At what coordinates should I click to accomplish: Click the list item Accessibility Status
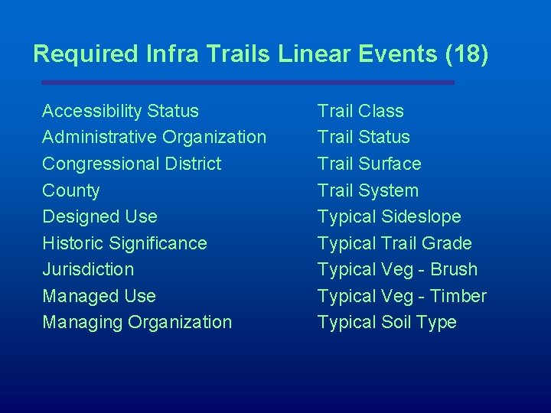pos(120,111)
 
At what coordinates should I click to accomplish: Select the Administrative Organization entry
pos(154,138)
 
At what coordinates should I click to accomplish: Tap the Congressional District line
pos(132,164)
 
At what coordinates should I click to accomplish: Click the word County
pos(71,190)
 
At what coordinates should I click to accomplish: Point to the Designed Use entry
pos(99,216)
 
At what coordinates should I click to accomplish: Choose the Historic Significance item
pos(125,243)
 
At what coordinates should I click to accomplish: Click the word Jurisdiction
pos(88,269)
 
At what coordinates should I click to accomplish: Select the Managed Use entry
pos(99,296)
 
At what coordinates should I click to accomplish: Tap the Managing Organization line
pos(137,322)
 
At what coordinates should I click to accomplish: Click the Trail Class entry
pos(360,111)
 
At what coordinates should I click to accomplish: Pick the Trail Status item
pos(364,138)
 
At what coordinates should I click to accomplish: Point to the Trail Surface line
pos(369,164)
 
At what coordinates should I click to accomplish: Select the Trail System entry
pos(368,190)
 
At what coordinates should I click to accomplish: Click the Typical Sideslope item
pos(390,216)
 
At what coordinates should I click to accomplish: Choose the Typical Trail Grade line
pos(395,243)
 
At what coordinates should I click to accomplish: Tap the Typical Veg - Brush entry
pos(397,269)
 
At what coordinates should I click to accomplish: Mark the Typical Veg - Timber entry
pos(402,296)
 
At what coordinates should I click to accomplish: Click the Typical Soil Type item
pos(387,322)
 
